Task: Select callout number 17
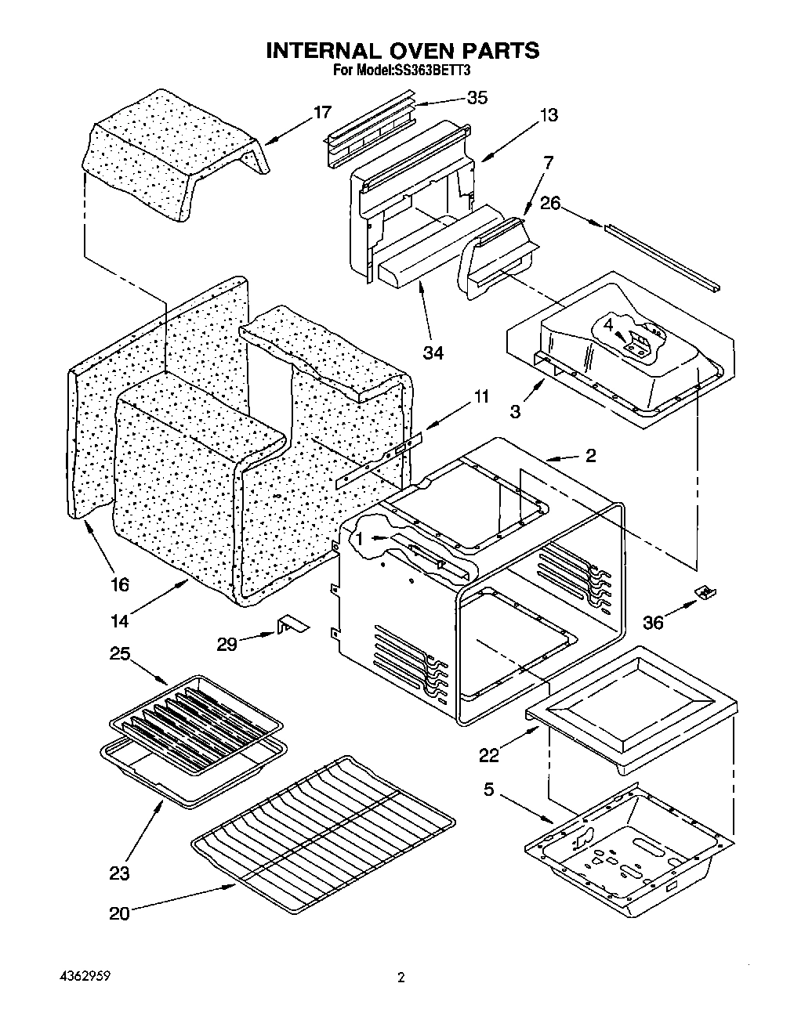(x=322, y=112)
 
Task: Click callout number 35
(x=477, y=97)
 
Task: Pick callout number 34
(x=433, y=352)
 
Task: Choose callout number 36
(x=653, y=622)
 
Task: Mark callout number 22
(x=490, y=754)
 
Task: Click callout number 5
(x=488, y=790)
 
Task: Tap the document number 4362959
(x=85, y=978)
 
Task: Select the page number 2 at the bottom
(x=401, y=978)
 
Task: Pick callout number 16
(x=120, y=584)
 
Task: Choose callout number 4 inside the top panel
(x=608, y=324)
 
